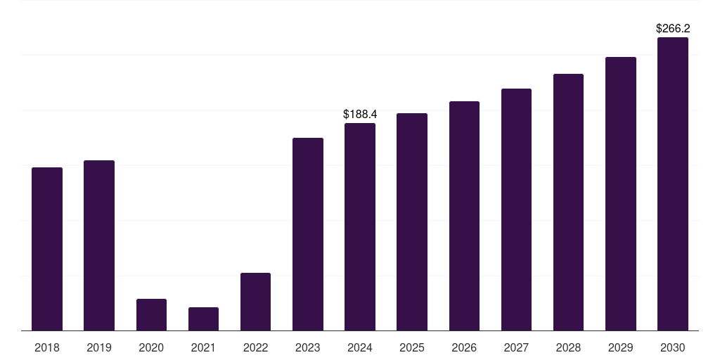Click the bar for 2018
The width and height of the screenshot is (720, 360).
47,249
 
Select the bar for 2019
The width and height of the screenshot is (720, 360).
99,245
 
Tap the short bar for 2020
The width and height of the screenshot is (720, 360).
151,315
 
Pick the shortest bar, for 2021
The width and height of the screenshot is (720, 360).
203,319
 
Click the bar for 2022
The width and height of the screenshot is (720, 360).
255,302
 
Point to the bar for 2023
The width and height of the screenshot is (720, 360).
308,234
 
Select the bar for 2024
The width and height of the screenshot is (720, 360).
360,226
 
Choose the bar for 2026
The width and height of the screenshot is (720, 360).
464,216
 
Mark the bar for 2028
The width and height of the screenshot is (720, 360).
568,202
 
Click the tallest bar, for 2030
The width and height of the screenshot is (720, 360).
673,184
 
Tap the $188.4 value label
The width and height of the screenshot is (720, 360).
360,114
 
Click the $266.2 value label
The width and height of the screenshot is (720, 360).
673,29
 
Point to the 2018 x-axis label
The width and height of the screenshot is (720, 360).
47,347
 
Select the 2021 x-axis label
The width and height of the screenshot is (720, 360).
203,347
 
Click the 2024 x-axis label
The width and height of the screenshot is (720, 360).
360,347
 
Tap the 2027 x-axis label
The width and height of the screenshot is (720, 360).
516,347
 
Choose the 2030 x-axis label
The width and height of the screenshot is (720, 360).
673,347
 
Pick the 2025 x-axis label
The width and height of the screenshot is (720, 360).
412,347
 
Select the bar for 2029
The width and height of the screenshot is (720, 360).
621,193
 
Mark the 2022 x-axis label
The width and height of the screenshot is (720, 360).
255,347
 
